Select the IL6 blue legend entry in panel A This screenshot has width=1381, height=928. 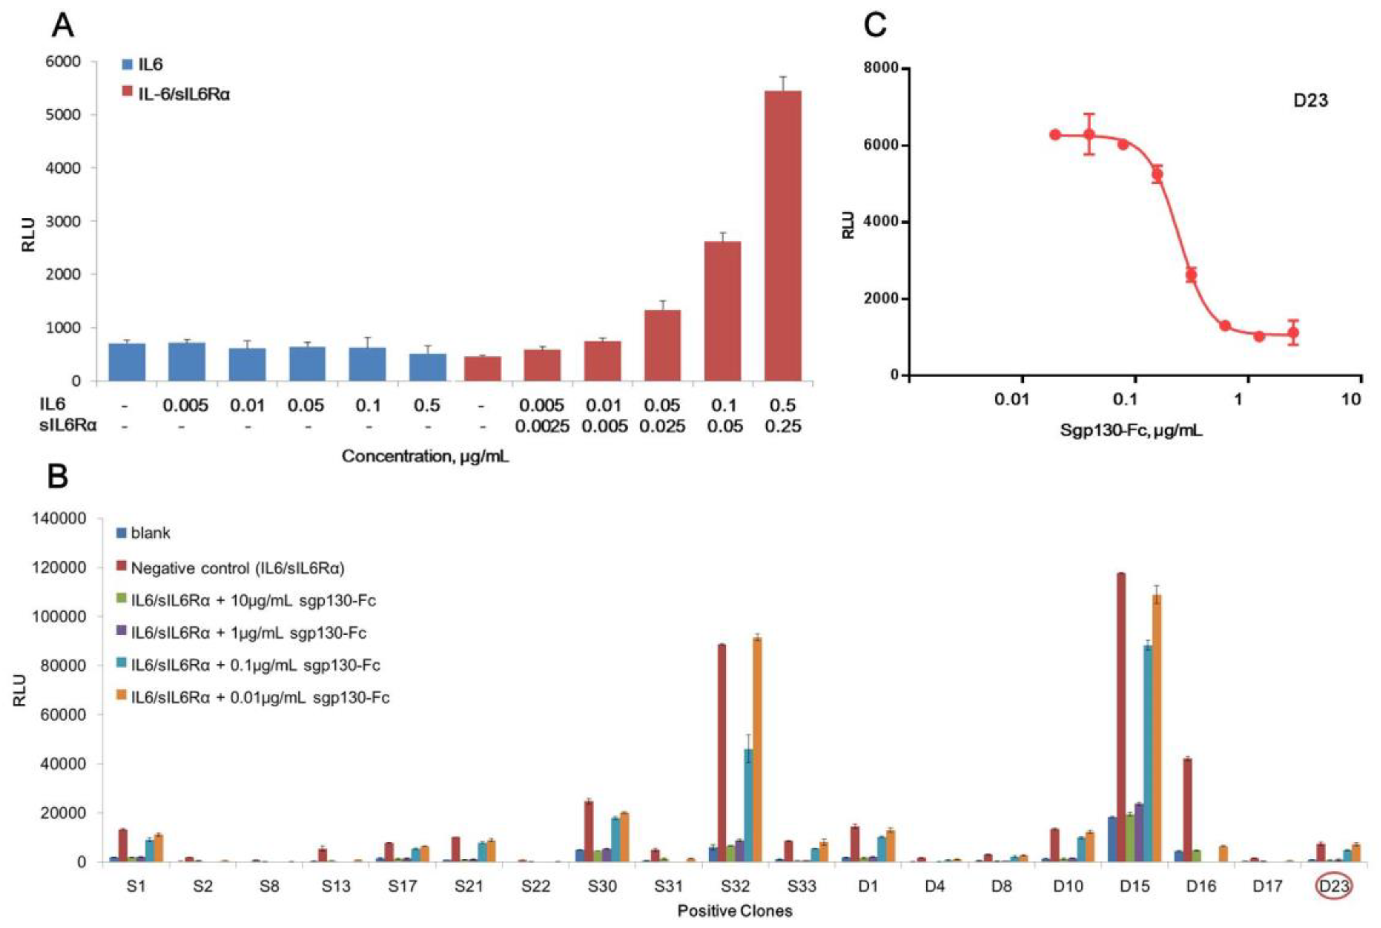[x=144, y=65]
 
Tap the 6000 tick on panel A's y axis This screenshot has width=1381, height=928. [x=63, y=61]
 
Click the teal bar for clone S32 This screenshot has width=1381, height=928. [x=748, y=805]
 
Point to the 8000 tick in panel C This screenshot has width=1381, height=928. [x=880, y=69]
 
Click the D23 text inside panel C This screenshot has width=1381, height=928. [x=1310, y=100]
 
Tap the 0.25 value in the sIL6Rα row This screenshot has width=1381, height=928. [x=783, y=426]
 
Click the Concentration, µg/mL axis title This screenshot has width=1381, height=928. [x=425, y=456]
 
